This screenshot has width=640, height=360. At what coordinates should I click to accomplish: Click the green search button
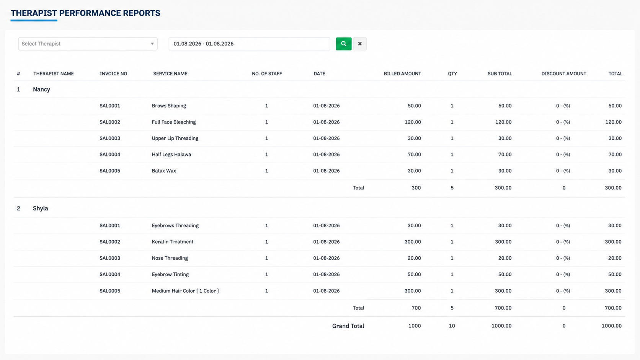[x=343, y=44]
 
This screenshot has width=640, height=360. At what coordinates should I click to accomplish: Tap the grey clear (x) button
[x=360, y=44]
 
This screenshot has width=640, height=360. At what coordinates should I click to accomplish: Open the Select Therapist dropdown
[x=88, y=44]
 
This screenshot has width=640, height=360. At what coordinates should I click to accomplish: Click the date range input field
[x=249, y=44]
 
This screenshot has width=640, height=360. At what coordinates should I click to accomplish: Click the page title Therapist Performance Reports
[x=85, y=13]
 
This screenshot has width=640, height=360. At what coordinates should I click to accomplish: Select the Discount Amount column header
[x=564, y=74]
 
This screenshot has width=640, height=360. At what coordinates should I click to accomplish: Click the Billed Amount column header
[x=402, y=74]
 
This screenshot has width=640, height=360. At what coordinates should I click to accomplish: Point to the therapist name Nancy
[x=41, y=90]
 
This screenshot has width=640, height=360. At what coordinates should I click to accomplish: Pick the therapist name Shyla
[x=40, y=209]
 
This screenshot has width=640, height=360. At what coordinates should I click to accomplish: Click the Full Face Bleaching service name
[x=174, y=122]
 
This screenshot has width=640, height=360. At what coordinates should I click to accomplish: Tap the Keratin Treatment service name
[x=173, y=242]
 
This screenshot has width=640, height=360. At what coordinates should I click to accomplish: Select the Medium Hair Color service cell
[x=185, y=291]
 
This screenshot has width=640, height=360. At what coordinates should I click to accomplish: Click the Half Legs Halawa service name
[x=171, y=155]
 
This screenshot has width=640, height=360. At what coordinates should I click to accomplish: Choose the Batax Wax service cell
[x=164, y=171]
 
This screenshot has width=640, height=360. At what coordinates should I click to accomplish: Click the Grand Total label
[x=348, y=326]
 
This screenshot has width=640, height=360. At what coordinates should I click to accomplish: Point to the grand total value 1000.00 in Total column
[x=611, y=326]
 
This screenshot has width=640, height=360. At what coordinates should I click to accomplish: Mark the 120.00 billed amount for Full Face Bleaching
[x=413, y=122]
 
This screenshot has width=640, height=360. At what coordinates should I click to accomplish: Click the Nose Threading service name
[x=170, y=258]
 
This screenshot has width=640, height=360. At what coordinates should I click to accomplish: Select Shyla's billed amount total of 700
[x=416, y=308]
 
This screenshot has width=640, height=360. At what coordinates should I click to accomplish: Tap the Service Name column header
[x=170, y=74]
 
